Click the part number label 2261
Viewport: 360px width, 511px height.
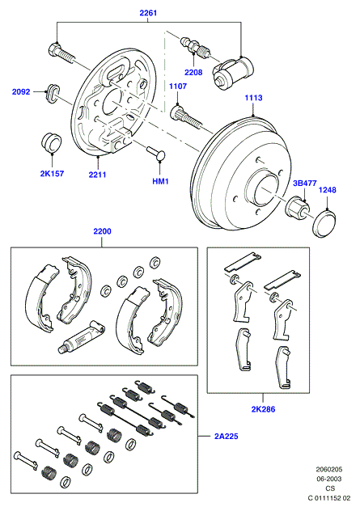148,13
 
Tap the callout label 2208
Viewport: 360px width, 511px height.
193,72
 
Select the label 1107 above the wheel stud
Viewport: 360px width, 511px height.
178,86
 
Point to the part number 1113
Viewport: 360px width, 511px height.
253,98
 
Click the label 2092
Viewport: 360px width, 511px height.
21,92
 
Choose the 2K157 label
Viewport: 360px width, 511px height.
52,173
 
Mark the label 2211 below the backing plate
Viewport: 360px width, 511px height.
98,175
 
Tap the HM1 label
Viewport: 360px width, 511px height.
160,181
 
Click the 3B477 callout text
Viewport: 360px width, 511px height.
304,184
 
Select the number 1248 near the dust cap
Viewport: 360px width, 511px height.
327,190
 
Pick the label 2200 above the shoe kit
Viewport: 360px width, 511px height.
102,231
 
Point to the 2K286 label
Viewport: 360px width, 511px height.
263,409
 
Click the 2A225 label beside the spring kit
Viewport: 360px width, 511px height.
227,436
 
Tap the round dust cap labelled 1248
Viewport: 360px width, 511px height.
324,224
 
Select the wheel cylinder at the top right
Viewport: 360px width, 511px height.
233,72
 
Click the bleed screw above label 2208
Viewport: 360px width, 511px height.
196,46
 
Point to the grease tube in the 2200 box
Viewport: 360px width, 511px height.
81,336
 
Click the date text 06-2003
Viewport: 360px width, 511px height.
329,479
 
